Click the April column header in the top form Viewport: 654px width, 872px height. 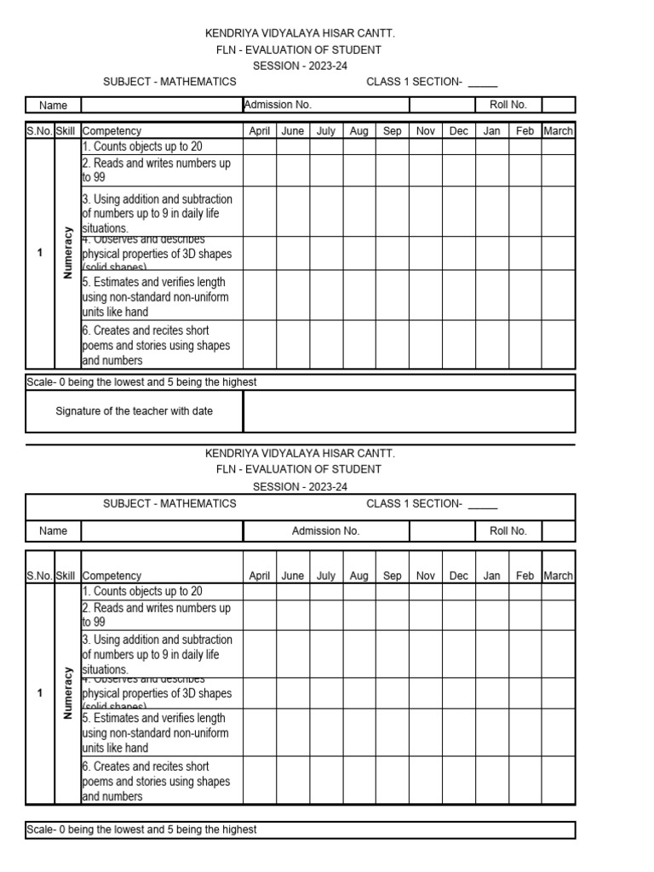259,131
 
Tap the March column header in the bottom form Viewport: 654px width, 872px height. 558,576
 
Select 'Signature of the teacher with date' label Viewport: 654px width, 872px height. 135,411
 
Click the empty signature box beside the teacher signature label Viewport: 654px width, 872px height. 409,411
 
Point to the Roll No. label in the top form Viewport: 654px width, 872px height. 508,105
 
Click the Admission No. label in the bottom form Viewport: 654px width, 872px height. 325,531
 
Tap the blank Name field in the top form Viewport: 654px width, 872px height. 161,105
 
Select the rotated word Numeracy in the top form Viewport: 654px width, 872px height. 68,253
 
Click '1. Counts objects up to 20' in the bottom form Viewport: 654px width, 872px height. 142,591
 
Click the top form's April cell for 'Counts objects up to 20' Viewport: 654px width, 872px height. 259,146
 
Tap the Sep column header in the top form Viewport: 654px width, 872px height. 392,131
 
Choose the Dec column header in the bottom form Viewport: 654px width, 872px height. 458,576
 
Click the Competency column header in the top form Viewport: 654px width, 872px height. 112,131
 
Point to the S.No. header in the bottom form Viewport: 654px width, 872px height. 39,576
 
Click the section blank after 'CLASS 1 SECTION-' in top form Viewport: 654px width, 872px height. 482,83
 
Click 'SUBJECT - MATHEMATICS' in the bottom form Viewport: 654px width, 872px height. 169,503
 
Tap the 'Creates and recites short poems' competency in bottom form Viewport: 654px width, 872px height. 156,781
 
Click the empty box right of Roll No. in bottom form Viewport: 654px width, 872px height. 558,531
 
